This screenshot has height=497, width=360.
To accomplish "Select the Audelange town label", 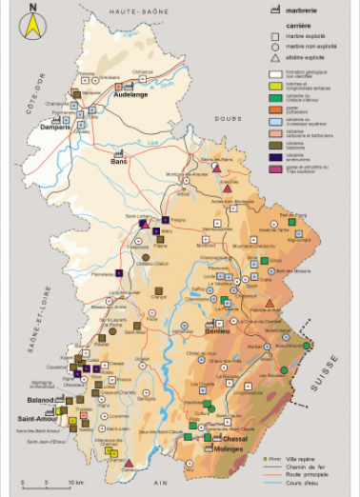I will [130, 95].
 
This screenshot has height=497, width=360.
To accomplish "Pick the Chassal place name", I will [222, 439].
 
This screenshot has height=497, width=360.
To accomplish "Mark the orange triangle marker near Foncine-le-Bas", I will [270, 304].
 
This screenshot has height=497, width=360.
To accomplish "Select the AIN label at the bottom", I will [160, 483].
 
